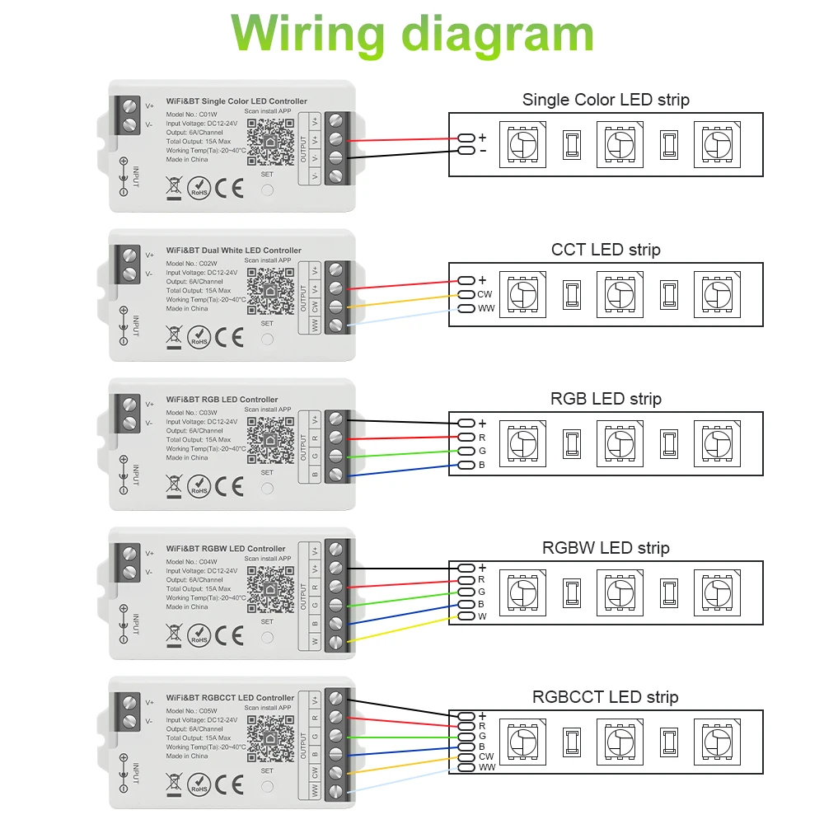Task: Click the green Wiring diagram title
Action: point(412,35)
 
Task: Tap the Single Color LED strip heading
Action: point(606,100)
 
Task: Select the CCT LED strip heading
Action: point(606,249)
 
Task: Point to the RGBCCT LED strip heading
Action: point(606,697)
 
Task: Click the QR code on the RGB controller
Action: point(270,441)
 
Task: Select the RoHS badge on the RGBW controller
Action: point(199,636)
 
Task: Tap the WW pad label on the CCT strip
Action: point(486,309)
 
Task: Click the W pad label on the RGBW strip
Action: point(482,616)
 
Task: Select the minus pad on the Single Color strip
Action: point(466,151)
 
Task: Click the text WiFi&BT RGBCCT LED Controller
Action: point(230,698)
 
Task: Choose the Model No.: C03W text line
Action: point(191,413)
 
